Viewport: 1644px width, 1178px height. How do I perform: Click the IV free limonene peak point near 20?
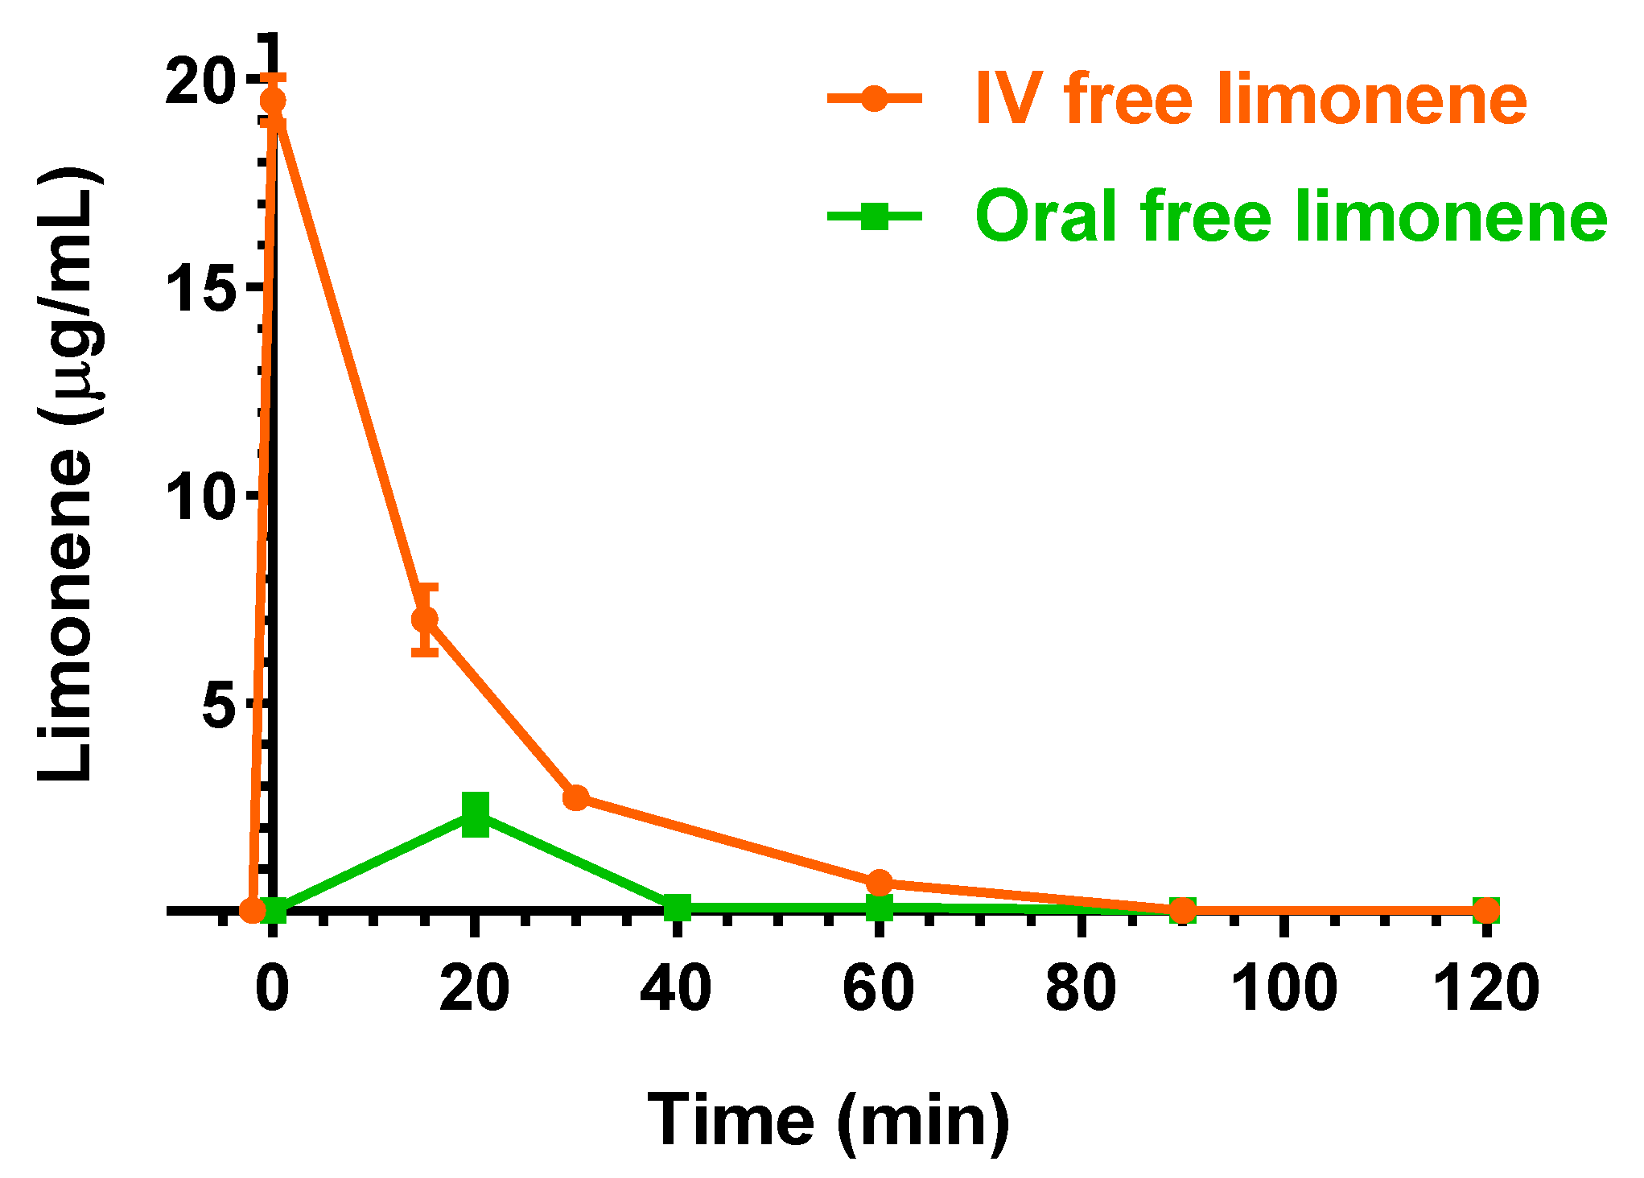(273, 101)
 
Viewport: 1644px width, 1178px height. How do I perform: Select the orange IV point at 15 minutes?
(425, 619)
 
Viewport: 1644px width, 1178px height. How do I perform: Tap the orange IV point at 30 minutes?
(576, 797)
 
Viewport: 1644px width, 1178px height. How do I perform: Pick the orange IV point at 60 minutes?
(880, 882)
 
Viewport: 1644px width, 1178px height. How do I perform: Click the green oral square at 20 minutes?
(476, 814)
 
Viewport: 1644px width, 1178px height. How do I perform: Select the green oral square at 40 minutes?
(678, 908)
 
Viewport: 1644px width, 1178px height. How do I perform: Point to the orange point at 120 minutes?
(1486, 910)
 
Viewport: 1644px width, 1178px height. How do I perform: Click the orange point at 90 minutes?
(1182, 910)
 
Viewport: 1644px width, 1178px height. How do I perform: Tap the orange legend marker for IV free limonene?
(874, 99)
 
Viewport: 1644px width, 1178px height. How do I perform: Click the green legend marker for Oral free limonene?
(874, 216)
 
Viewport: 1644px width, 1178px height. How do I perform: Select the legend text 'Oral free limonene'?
(1290, 216)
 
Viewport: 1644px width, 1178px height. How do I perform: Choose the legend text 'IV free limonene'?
(1251, 99)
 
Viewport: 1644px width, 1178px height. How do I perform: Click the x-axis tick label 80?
(1081, 988)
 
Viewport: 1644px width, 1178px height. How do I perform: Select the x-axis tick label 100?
(1283, 988)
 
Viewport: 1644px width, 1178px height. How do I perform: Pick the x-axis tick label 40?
(676, 988)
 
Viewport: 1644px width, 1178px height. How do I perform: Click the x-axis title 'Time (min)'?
(828, 1120)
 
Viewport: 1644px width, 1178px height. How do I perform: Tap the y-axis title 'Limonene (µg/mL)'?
(68, 475)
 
